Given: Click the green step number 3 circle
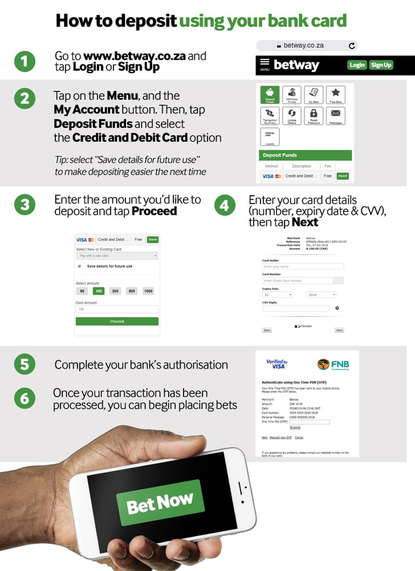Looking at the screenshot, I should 25,205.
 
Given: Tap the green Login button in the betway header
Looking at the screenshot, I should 357,65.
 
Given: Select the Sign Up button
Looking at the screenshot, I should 381,65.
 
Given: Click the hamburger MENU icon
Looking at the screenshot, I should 265,64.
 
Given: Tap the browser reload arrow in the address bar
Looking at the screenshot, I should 352,45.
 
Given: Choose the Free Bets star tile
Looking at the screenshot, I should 335,95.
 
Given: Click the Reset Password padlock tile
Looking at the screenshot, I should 313,116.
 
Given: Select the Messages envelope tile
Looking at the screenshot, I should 335,116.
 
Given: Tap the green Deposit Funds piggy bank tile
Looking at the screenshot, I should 270,95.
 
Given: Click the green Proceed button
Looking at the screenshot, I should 117,322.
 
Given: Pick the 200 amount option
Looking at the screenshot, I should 115,291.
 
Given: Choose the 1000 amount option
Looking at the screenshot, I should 148,291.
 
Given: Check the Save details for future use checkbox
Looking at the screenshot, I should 79,266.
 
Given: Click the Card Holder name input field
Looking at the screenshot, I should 303,266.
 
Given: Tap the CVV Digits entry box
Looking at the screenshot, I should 295,309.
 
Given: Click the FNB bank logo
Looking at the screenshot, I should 333,365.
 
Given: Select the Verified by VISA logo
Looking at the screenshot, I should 277,364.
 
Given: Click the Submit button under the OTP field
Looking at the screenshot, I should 295,427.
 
